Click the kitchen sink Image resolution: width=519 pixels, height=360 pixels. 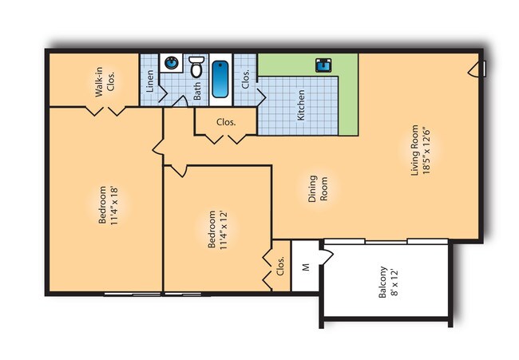coord(323,65)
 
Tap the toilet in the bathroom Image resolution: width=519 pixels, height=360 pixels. coord(196,66)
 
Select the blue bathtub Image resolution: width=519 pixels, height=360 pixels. coord(220,79)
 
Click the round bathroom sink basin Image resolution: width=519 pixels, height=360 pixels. coord(172,62)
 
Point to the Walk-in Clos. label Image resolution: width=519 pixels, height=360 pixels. coord(105,81)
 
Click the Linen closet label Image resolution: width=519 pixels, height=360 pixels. coord(150,81)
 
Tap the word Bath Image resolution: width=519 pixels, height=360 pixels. coord(196,91)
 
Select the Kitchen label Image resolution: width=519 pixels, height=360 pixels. coord(300,105)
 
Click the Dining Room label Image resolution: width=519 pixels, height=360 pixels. coord(318,188)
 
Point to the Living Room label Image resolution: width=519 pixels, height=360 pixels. coord(414,150)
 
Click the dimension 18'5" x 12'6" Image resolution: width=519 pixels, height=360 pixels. coord(426,151)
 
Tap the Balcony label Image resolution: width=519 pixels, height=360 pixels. coord(382,283)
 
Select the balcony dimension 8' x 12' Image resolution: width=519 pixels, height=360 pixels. coord(394,283)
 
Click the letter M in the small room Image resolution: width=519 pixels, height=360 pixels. coord(306,267)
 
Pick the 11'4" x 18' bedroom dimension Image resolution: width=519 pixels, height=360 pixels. coord(114,205)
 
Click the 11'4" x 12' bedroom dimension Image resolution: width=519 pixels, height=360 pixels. coord(223,229)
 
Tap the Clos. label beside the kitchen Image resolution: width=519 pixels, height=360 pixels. coord(245,79)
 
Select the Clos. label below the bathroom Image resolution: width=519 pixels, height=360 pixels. coord(226,122)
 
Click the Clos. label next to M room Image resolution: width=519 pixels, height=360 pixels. coord(280,266)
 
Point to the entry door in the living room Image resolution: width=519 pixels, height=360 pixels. coord(476,69)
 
